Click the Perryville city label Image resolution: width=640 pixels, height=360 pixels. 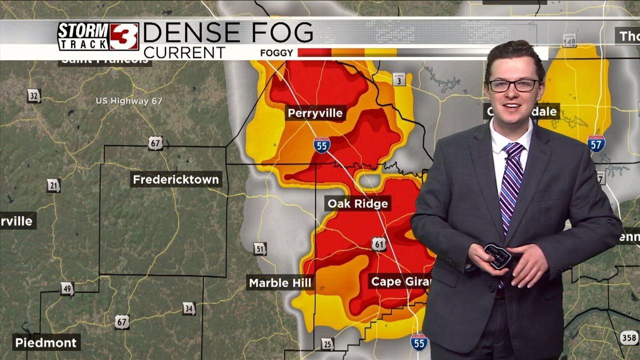[315, 113]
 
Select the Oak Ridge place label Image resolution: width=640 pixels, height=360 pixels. [357, 203]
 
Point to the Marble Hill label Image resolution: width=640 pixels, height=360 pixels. [280, 283]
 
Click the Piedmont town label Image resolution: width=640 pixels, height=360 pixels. [46, 343]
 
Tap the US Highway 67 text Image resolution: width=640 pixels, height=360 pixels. [129, 101]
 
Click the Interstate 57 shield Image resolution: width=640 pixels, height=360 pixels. [596, 143]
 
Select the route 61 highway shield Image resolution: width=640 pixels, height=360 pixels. [379, 244]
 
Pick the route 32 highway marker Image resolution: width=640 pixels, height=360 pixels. [33, 95]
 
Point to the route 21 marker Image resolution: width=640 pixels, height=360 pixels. [53, 186]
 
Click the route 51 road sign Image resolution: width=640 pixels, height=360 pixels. [259, 248]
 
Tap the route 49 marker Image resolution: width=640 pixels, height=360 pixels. [67, 288]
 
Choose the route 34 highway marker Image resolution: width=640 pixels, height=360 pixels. [188, 308]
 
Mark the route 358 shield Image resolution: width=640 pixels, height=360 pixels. [629, 338]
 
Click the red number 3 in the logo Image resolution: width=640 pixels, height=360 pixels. [124, 36]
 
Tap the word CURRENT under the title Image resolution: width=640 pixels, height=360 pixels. [184, 52]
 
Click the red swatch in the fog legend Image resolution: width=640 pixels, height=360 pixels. [314, 52]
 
